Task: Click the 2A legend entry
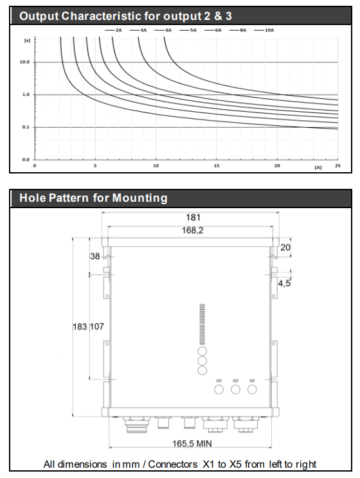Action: [113, 30]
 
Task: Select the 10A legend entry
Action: [264, 30]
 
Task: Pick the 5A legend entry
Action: [188, 30]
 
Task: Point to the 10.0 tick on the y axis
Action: [24, 62]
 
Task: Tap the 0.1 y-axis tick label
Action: [26, 127]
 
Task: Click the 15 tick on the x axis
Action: [216, 166]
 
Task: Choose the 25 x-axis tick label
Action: [337, 166]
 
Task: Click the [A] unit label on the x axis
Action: [318, 167]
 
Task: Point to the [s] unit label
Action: [27, 40]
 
